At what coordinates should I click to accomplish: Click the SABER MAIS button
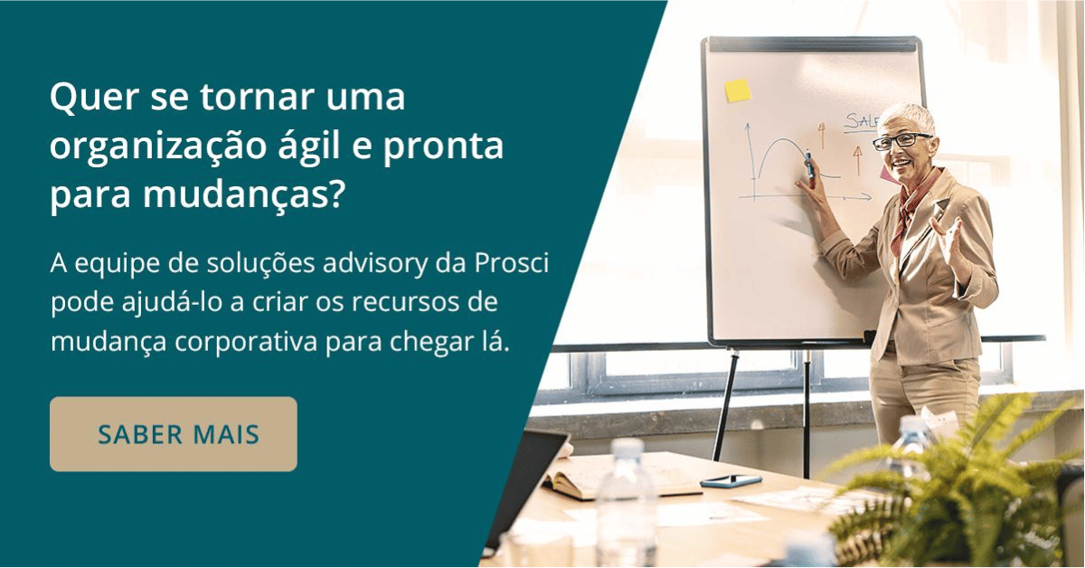pyautogui.click(x=173, y=434)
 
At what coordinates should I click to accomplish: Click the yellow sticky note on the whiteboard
pyautogui.click(x=738, y=90)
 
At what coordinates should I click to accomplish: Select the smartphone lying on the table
pyautogui.click(x=731, y=480)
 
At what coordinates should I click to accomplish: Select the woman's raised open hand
pyautogui.click(x=948, y=237)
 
